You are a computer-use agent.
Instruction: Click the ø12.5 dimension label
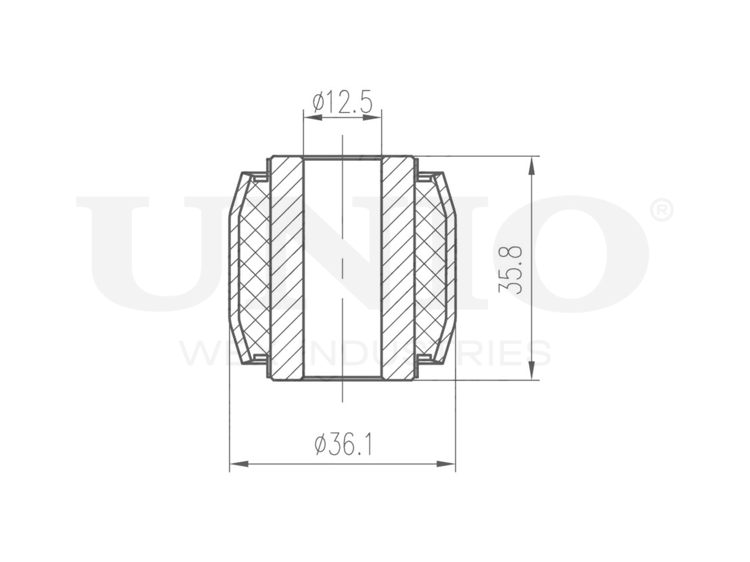click(342, 102)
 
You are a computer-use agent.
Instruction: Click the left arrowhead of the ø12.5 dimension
click(313, 118)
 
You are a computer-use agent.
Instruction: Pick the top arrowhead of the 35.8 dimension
click(531, 166)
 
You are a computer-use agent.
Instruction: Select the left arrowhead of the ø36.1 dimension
click(239, 464)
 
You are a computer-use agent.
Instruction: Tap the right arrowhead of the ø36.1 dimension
click(446, 464)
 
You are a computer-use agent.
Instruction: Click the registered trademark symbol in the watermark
click(661, 210)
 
